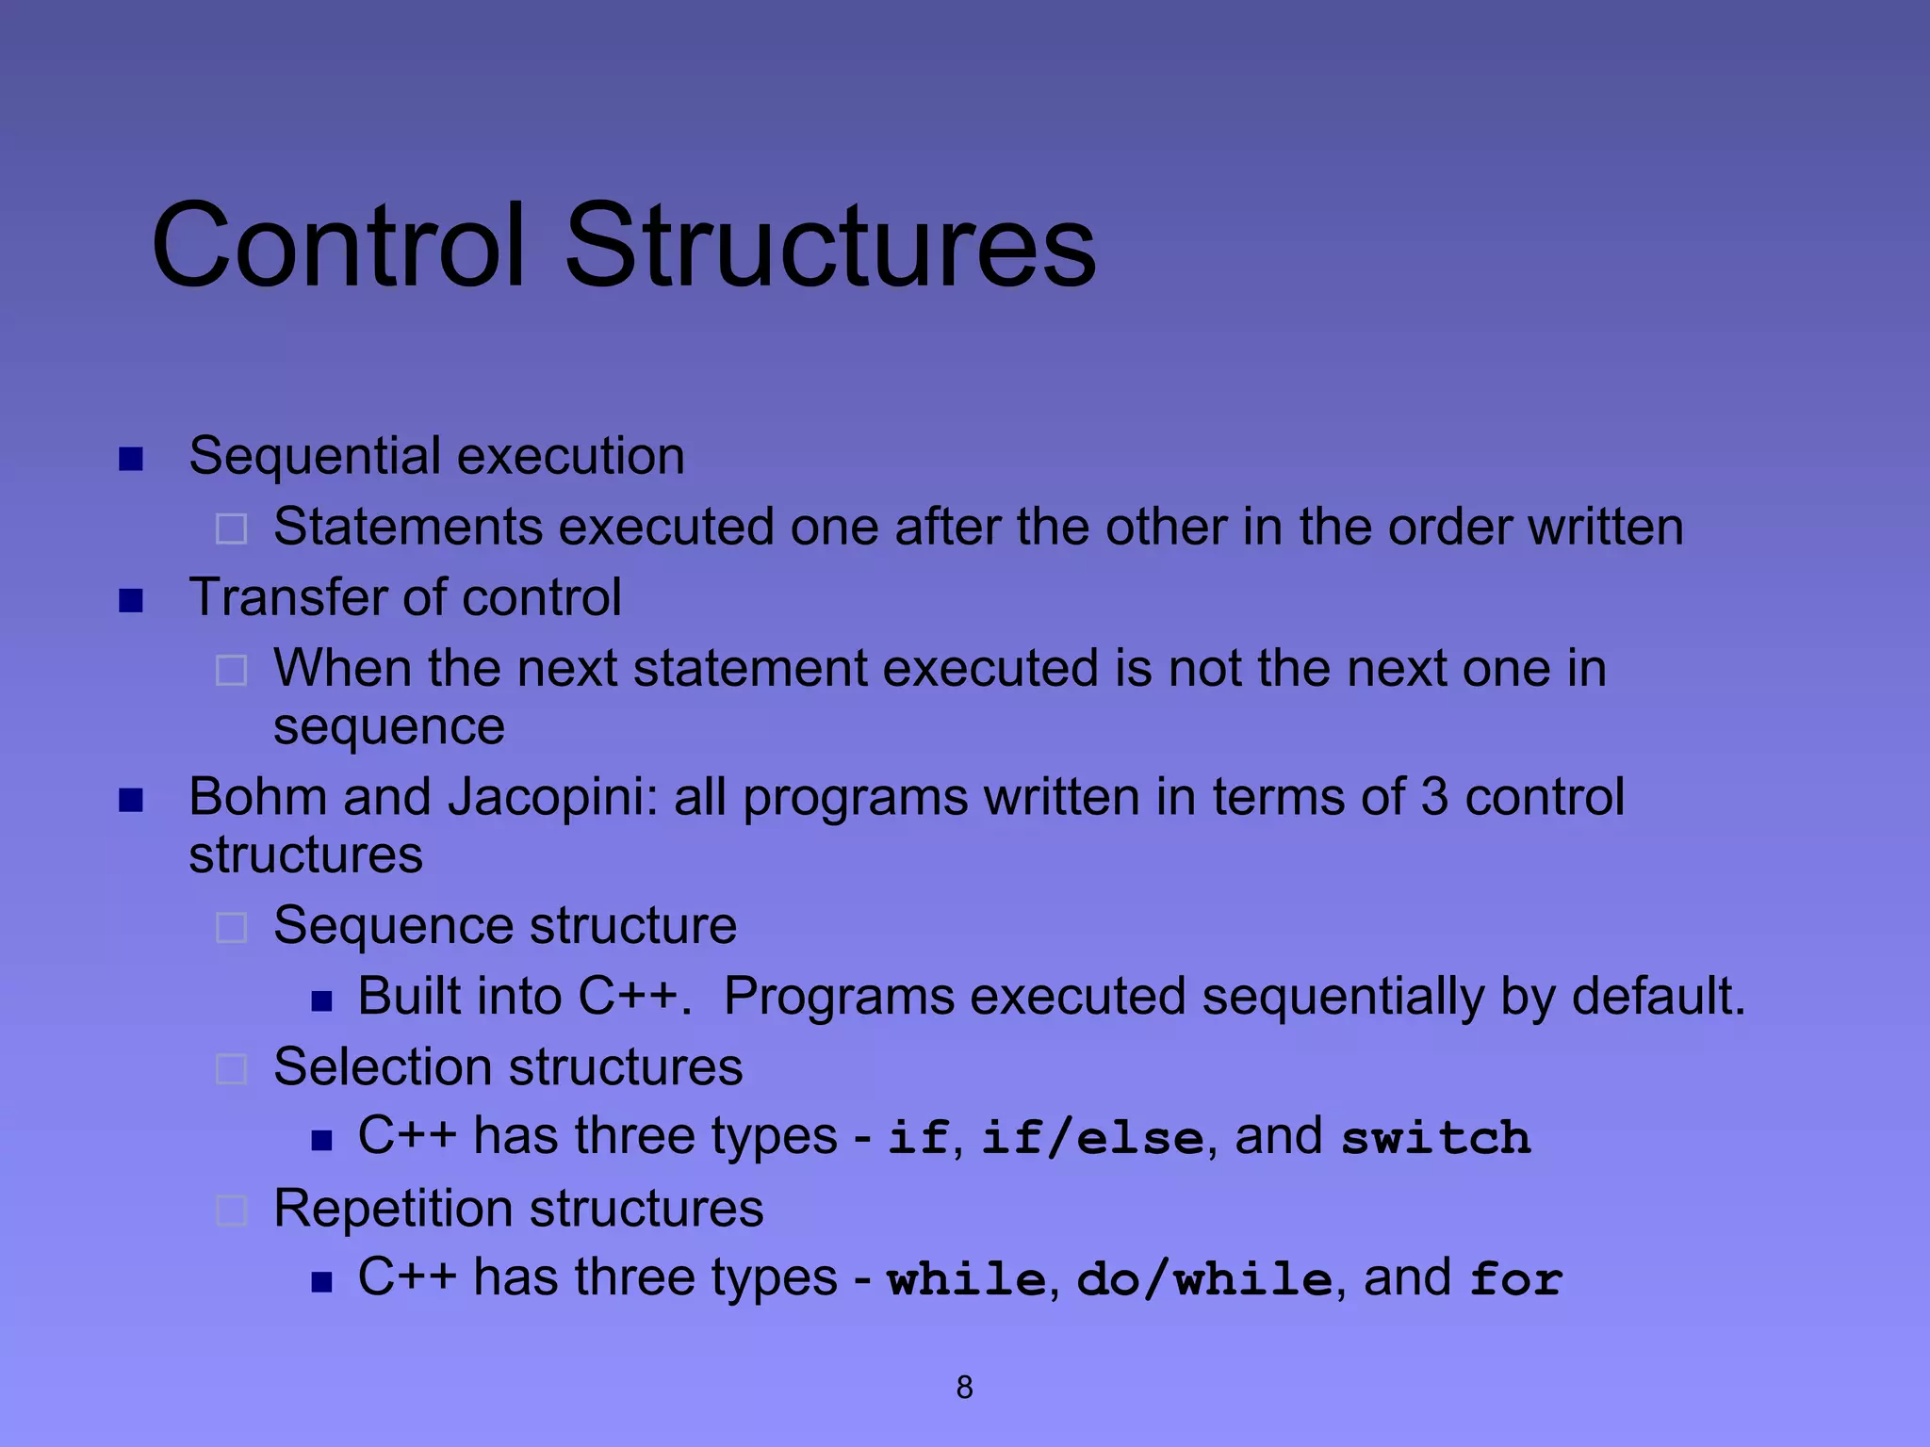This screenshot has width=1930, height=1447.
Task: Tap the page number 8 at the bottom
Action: click(964, 1388)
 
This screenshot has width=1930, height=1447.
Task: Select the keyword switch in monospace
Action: click(1435, 1137)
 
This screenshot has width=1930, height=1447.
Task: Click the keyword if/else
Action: click(1092, 1137)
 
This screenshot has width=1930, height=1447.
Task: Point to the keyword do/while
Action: click(1203, 1279)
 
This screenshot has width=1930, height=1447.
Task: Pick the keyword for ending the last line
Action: click(1515, 1279)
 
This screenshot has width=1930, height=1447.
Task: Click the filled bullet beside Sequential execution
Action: click(131, 460)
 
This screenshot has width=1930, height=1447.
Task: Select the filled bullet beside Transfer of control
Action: click(131, 601)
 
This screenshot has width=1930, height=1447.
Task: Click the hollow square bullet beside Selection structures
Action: click(232, 1069)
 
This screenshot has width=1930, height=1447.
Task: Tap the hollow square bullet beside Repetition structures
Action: click(232, 1211)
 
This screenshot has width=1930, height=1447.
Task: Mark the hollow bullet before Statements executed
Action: click(232, 528)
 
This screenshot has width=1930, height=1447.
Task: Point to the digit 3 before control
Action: click(1433, 797)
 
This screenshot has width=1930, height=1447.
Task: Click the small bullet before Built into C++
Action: click(322, 1000)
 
